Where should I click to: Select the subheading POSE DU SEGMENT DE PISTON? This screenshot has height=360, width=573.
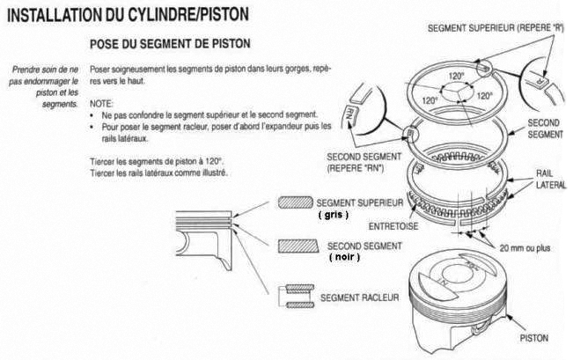(171, 43)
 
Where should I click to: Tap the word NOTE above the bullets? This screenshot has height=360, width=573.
(102, 102)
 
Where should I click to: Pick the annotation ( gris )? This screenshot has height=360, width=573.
(334, 214)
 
